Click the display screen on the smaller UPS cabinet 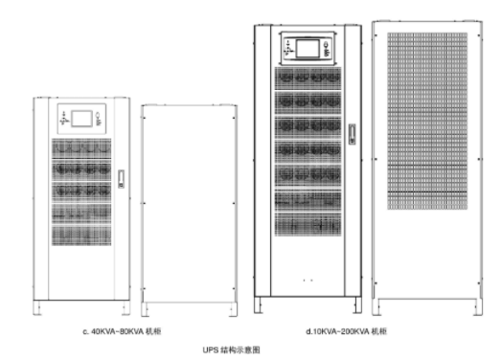[x=81, y=119]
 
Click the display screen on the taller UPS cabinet [x=307, y=49]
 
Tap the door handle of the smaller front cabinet [x=121, y=179]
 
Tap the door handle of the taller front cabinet [x=353, y=134]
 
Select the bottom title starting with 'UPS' [x=231, y=349]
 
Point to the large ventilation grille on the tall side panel [x=427, y=121]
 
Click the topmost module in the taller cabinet [x=308, y=79]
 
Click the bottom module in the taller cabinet [x=308, y=225]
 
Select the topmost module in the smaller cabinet [x=81, y=148]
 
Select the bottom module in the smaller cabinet [x=81, y=236]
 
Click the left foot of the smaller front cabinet [x=37, y=307]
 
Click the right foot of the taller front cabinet [x=357, y=305]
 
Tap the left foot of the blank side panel [x=146, y=309]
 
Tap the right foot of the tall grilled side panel [x=478, y=307]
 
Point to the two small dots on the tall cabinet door [x=307, y=281]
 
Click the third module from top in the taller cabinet [x=308, y=127]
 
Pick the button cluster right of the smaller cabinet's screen [x=99, y=119]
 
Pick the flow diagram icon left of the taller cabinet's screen [x=289, y=48]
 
